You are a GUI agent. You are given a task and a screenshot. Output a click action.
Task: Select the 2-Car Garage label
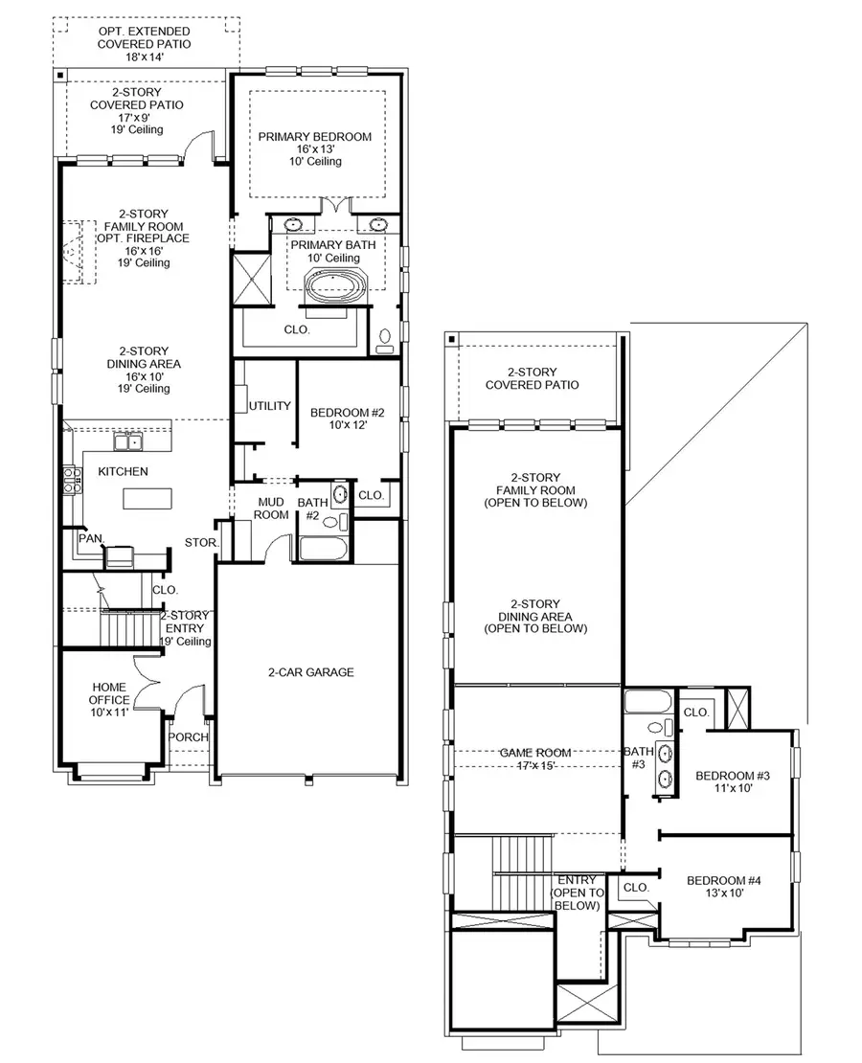(310, 672)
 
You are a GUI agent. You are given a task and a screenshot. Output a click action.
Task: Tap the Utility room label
(270, 406)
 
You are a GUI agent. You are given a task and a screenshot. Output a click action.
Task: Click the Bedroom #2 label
(347, 418)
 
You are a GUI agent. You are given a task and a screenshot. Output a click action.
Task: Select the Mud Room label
(271, 508)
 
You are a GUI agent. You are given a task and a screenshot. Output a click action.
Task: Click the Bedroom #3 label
(733, 781)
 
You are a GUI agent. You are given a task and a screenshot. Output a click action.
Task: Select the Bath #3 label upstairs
(638, 758)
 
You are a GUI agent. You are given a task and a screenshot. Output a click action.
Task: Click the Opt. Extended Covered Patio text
(145, 44)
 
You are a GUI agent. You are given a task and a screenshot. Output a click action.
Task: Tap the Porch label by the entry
(189, 737)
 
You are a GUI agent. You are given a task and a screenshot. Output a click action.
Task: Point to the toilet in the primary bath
(385, 341)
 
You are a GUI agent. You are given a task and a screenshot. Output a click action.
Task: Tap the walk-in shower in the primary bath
(253, 276)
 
